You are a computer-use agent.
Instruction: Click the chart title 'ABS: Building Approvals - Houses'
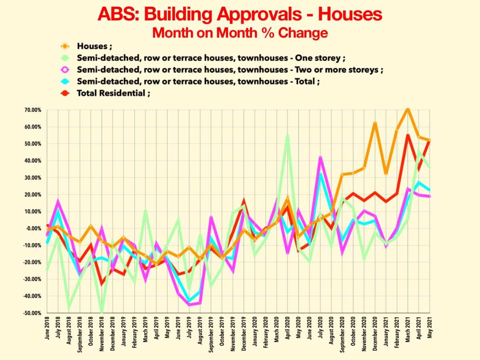[x=240, y=14]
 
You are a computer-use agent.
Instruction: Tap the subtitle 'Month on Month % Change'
[x=240, y=32]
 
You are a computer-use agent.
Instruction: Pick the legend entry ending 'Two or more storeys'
[x=230, y=70]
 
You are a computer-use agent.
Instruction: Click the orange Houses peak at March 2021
[x=408, y=109]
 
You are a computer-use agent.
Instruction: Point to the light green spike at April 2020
[x=288, y=136]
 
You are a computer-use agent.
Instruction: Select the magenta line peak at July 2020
[x=320, y=157]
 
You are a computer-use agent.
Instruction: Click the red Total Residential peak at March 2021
[x=408, y=135]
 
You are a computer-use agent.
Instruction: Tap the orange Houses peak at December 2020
[x=375, y=123]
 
